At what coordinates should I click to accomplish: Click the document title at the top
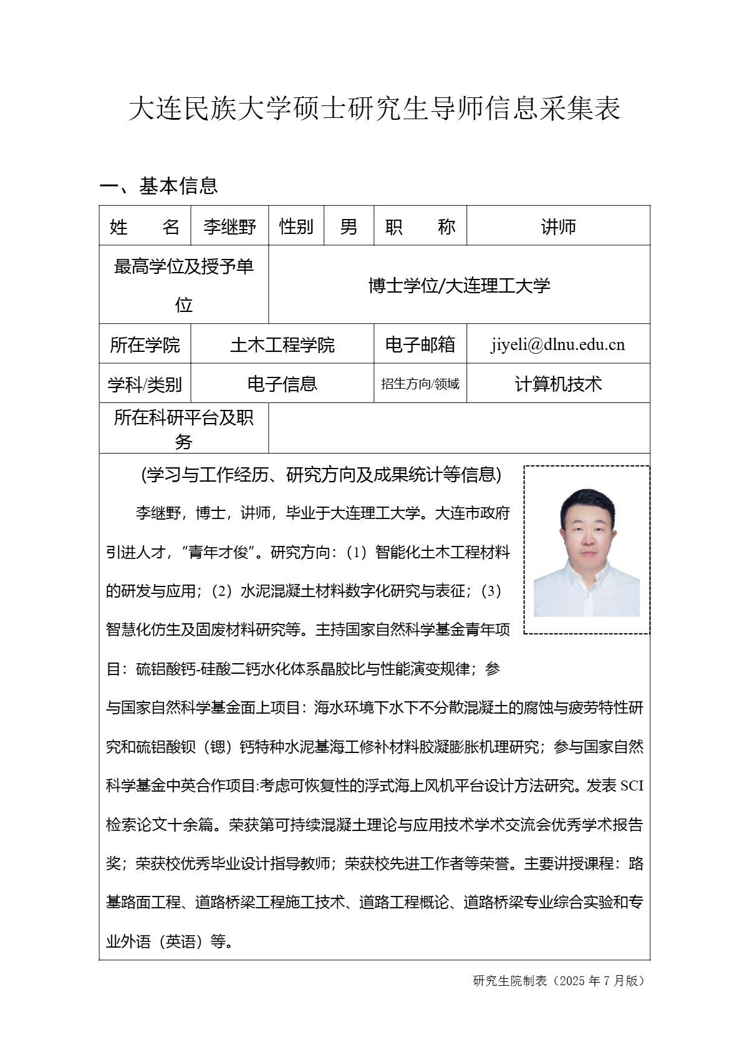[x=374, y=109]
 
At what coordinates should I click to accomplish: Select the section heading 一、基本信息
[x=159, y=186]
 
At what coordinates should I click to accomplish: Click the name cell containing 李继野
[x=229, y=226]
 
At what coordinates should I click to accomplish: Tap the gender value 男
[x=349, y=226]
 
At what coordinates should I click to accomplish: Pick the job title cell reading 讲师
[x=558, y=226]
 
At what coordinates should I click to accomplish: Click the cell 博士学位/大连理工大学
[x=459, y=286]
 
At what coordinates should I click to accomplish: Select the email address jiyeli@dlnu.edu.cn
[x=557, y=344]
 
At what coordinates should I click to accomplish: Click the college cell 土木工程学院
[x=282, y=344]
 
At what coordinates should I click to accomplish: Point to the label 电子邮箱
[x=420, y=344]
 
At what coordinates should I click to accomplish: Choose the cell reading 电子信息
[x=282, y=384]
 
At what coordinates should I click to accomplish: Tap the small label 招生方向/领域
[x=420, y=384]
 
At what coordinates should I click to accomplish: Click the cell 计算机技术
[x=558, y=384]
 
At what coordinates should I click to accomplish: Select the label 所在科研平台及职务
[x=183, y=429]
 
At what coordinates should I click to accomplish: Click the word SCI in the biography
[x=632, y=786]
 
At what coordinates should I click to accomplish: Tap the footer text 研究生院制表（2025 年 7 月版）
[x=559, y=981]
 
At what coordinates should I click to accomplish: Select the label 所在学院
[x=145, y=344]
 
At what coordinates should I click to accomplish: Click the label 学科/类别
[x=145, y=384]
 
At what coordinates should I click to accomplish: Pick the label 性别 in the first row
[x=296, y=226]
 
